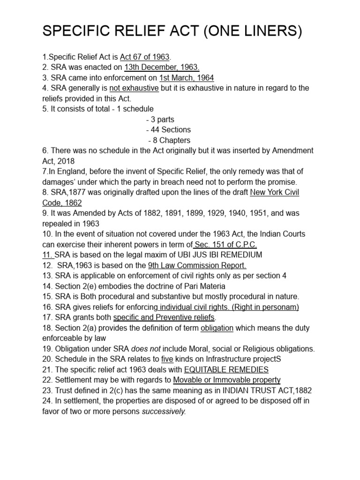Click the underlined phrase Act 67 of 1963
pos(144,57)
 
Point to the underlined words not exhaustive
pos(134,88)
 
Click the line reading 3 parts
pos(160,120)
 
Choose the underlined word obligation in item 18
pos(217,328)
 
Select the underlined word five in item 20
pos(167,359)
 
